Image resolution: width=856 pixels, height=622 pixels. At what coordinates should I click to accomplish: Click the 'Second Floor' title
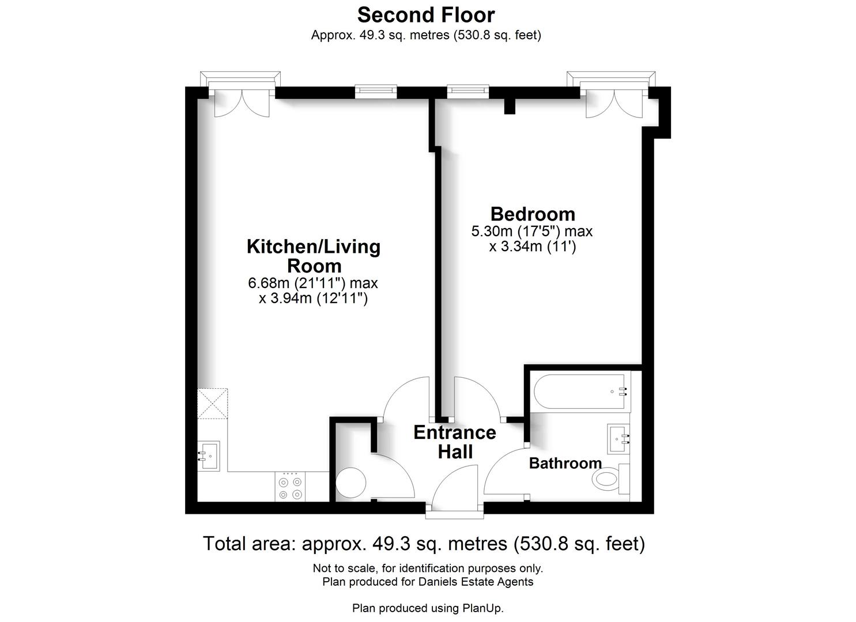426,16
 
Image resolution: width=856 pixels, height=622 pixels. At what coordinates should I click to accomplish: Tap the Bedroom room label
533,214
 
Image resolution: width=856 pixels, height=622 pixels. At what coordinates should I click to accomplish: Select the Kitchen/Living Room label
314,256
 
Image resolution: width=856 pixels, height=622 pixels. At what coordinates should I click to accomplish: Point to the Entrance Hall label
455,442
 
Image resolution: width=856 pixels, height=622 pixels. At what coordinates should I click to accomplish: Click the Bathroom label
565,463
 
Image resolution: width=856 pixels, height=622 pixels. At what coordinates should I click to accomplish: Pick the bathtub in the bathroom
582,392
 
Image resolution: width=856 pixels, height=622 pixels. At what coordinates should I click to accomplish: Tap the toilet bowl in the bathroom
607,479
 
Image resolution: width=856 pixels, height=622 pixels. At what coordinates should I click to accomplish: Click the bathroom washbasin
618,439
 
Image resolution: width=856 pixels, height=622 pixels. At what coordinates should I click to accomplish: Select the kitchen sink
209,456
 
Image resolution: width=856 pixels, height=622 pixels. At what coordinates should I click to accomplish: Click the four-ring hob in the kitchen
290,487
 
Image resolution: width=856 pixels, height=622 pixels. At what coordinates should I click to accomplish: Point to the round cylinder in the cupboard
350,483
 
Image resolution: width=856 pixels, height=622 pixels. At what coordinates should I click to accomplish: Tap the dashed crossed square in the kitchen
213,404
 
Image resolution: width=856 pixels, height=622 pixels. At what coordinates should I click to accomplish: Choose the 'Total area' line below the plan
424,544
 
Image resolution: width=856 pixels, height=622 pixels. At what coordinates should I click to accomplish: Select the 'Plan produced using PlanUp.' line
428,608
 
